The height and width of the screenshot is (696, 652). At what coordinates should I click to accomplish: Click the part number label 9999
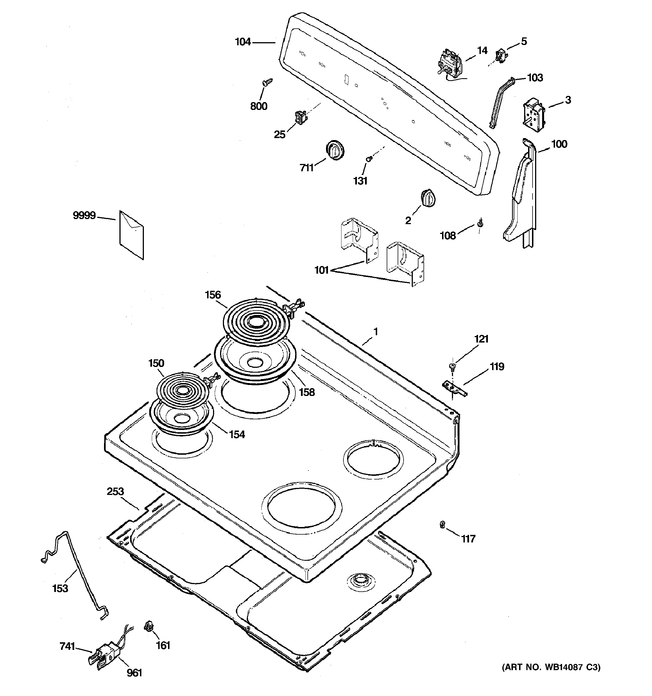pyautogui.click(x=84, y=215)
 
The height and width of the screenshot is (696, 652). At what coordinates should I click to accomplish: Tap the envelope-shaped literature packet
pyautogui.click(x=132, y=235)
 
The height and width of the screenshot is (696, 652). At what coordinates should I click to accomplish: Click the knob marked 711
pyautogui.click(x=335, y=150)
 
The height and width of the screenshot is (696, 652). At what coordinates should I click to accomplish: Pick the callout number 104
pyautogui.click(x=243, y=42)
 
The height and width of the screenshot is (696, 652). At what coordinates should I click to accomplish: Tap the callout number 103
pyautogui.click(x=535, y=77)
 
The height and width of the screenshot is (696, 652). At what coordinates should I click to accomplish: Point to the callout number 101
pyautogui.click(x=322, y=270)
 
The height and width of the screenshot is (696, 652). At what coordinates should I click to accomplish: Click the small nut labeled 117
pyautogui.click(x=442, y=534)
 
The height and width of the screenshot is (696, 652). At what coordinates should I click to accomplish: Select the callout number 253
pyautogui.click(x=115, y=492)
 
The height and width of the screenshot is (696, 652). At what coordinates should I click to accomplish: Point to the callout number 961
pyautogui.click(x=134, y=673)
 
